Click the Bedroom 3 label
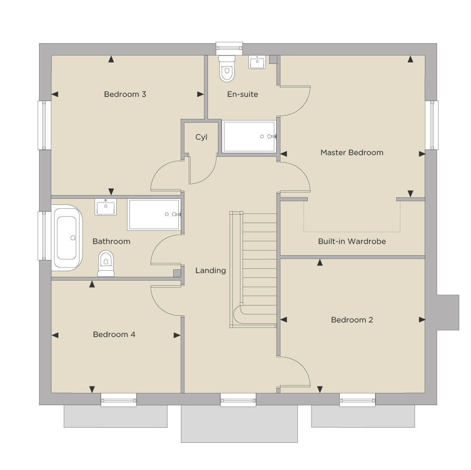[125, 94]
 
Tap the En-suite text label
[242, 94]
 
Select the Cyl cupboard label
[201, 137]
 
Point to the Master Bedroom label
[352, 152]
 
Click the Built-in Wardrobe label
[352, 241]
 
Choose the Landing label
[211, 271]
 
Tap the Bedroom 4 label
[114, 334]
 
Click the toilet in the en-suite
[227, 69]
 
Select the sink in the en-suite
[257, 62]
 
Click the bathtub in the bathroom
[67, 238]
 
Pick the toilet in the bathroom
[106, 263]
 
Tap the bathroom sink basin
[106, 207]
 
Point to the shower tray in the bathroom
[154, 214]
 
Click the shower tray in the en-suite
[249, 137]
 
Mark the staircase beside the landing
[253, 269]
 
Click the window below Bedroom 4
[119, 400]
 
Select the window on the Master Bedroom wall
[431, 125]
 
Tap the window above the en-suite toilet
[229, 48]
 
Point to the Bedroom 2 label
[352, 320]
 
